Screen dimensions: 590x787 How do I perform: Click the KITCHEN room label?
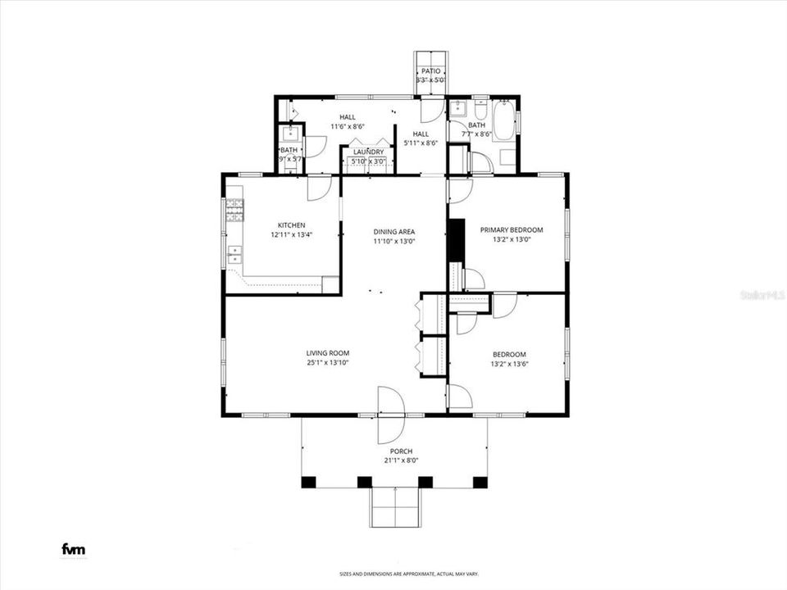coord(291,225)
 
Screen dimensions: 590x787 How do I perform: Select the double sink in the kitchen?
coord(234,252)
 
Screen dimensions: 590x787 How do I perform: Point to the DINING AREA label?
coord(394,232)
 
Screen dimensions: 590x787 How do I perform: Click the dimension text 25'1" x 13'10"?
coord(328,363)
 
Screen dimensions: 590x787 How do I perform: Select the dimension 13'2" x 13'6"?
coord(508,364)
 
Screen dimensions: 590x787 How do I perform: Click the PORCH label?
coord(401,452)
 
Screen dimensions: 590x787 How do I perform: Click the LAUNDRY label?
coord(369,152)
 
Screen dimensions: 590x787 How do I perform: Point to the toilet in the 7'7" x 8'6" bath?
coord(481,109)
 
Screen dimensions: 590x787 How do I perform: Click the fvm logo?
coord(74,549)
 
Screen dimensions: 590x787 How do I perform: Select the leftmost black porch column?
coord(308,482)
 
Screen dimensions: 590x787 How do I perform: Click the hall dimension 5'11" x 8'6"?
coord(421,143)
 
